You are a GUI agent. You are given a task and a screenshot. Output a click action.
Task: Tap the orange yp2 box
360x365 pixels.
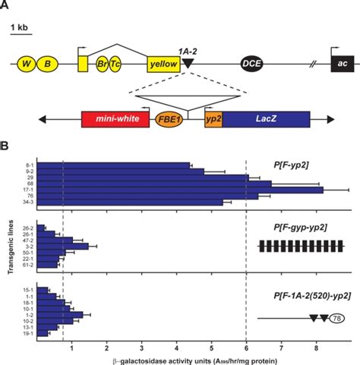point(213,120)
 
